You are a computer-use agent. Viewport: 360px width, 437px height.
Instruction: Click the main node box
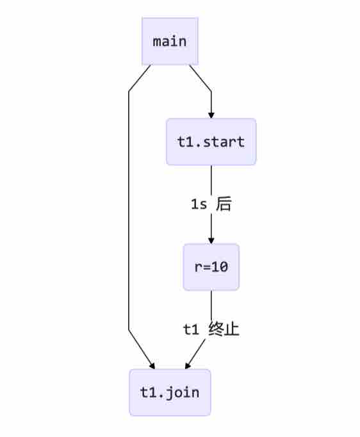tap(170, 41)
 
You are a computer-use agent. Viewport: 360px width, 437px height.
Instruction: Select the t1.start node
tap(211, 142)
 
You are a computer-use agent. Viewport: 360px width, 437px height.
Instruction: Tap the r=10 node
tap(211, 267)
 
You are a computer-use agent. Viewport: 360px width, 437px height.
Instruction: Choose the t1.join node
tap(170, 392)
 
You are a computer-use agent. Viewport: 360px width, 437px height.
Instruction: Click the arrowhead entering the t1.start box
tap(211, 115)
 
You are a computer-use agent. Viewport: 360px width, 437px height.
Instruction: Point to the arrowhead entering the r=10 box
tap(211, 240)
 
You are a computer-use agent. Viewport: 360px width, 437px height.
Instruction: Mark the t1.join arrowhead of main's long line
tap(152, 366)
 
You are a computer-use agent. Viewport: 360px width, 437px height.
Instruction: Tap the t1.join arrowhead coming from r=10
tap(188, 365)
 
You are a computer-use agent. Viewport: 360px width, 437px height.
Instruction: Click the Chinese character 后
tap(224, 204)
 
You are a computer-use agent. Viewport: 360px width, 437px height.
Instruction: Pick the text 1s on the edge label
tap(199, 204)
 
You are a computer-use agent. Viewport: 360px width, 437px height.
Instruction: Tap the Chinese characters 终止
tap(224, 329)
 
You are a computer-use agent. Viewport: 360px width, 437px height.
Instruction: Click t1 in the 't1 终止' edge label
tap(191, 329)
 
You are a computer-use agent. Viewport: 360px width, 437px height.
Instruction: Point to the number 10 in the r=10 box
tap(220, 267)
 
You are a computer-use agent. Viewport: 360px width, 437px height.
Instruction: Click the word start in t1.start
tap(224, 142)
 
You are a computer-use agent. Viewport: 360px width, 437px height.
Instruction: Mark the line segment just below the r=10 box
tap(211, 305)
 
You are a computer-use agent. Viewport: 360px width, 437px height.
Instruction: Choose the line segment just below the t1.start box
tap(211, 180)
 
